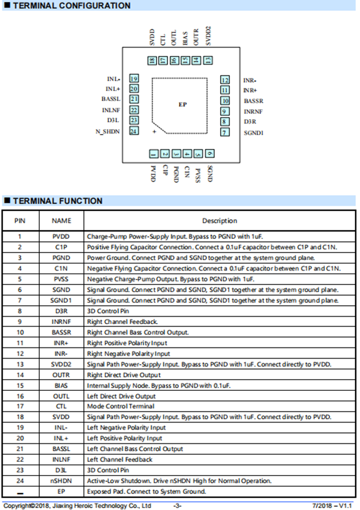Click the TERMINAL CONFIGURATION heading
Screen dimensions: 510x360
coord(71,6)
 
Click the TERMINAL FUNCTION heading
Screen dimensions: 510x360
coord(57,201)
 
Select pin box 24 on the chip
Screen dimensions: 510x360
coord(134,131)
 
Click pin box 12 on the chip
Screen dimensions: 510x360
coord(226,80)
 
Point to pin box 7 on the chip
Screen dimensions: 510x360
coord(226,132)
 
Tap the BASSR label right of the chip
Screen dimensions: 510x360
coord(254,101)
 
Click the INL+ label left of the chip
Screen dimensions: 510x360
coord(113,89)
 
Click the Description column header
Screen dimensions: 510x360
coord(219,221)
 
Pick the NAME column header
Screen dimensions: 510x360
coord(61,221)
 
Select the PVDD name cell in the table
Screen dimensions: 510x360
coord(61,237)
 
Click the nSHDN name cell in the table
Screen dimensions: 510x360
coord(61,481)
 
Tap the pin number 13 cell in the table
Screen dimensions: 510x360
coord(20,364)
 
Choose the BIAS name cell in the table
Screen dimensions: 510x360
coord(61,386)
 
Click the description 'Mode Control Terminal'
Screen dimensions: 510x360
coord(121,407)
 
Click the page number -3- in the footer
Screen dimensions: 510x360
coord(178,506)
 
